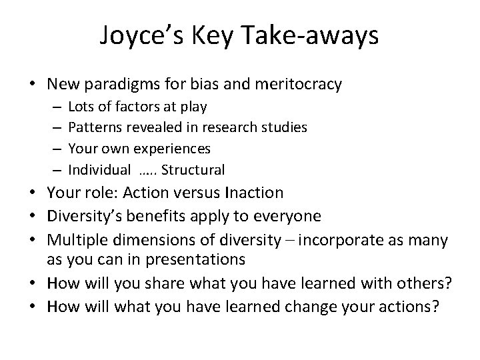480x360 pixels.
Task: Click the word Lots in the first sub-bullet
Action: point(80,106)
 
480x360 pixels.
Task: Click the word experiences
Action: point(172,147)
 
